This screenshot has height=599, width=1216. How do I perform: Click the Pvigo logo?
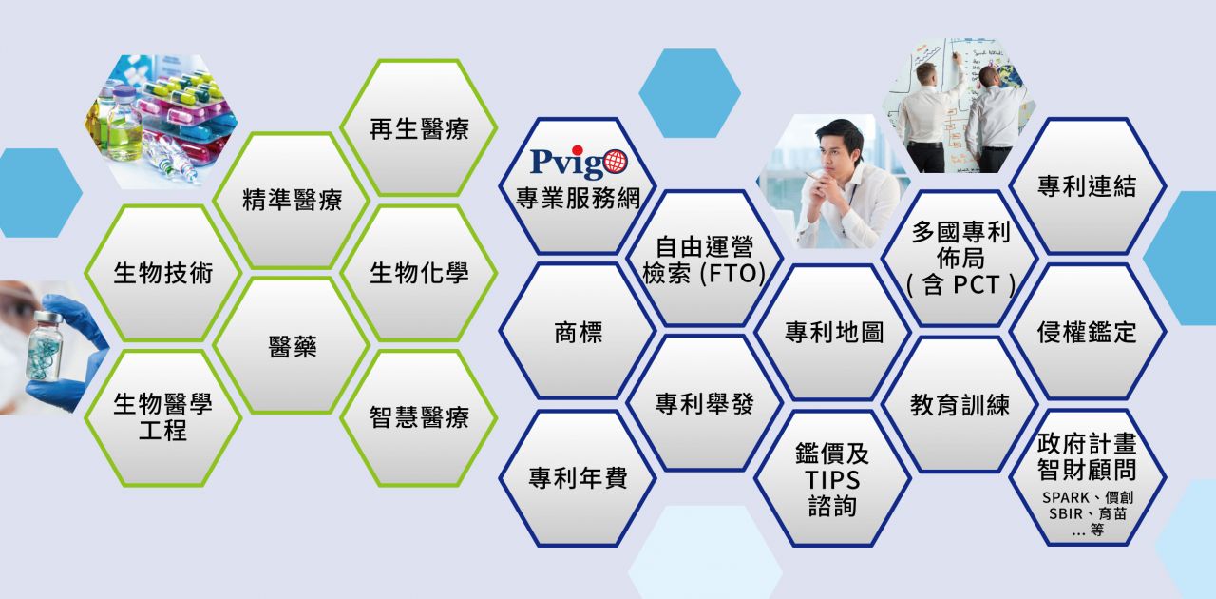pos(579,163)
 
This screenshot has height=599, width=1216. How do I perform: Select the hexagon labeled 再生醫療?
pos(419,127)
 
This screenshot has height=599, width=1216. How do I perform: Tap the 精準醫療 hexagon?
pos(292,200)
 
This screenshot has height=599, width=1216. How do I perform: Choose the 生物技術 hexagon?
pos(162,273)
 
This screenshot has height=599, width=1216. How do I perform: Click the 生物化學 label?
pos(419,273)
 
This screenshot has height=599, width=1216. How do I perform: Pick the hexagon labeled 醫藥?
pos(292,346)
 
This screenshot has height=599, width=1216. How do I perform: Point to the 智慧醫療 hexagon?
pos(419,418)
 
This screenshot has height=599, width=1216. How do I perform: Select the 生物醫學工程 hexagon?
pos(162,418)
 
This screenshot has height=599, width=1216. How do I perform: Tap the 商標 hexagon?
pos(578,331)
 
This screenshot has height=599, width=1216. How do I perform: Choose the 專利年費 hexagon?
pos(578,478)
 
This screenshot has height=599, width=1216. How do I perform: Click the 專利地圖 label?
pos(834,332)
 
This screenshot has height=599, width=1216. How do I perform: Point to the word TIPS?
pos(832,480)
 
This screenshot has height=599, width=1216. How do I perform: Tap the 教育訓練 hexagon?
pos(959,405)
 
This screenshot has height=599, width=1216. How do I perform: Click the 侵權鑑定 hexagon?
pos(1088,331)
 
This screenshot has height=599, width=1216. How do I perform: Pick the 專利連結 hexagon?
pos(1088,186)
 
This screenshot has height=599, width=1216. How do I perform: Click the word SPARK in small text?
pos(1066,497)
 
